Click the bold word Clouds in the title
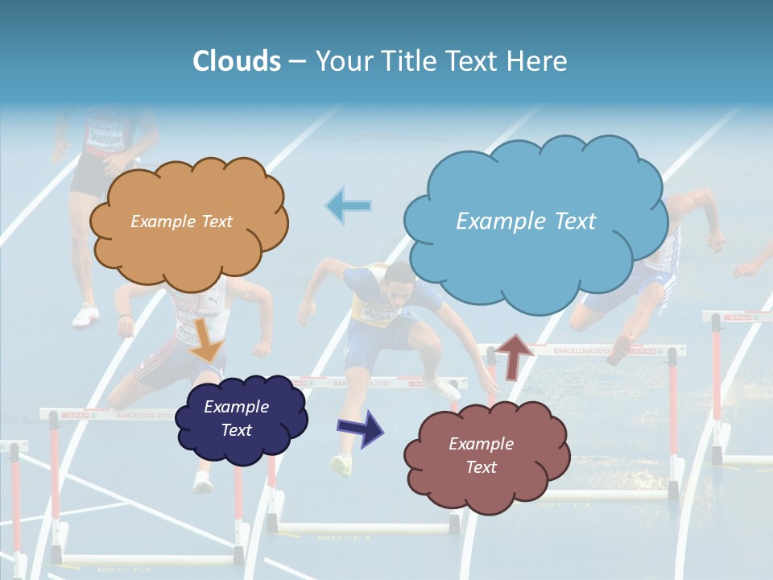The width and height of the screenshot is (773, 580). tap(236, 61)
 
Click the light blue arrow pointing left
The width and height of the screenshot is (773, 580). tap(348, 205)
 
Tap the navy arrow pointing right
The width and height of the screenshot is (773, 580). tap(362, 427)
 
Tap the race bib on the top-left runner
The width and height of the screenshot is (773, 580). tap(105, 133)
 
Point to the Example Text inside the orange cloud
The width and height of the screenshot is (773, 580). tap(181, 221)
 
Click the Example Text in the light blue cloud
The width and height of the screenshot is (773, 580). tap(526, 221)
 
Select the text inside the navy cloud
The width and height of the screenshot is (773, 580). tap(236, 418)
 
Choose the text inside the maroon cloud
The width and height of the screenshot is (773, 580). tap(481, 455)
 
